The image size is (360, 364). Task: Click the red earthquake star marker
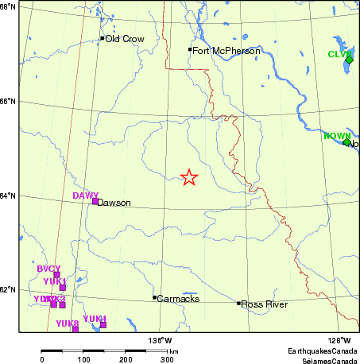point(188,177)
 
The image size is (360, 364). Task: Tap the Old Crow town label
point(125,38)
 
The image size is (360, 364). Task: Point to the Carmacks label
point(178,299)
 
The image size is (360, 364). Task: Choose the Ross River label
point(262,304)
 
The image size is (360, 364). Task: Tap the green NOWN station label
point(336,136)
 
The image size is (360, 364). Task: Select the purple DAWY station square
point(95,201)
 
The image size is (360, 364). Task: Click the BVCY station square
point(56,275)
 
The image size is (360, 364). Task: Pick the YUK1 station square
point(62,288)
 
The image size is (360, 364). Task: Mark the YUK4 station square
point(103,324)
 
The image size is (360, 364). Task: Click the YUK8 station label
point(67,323)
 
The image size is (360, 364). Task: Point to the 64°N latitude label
point(7,196)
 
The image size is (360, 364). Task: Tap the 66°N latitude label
point(7,102)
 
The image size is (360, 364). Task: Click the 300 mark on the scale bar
point(168,360)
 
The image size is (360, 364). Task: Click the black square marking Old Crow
point(103,38)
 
